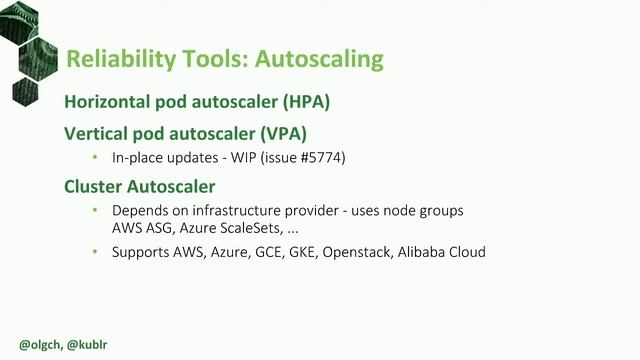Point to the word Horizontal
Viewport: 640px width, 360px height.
(112, 102)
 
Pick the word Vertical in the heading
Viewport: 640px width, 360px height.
(100, 133)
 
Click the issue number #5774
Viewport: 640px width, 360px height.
(324, 158)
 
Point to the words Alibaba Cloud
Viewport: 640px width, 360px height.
(446, 252)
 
